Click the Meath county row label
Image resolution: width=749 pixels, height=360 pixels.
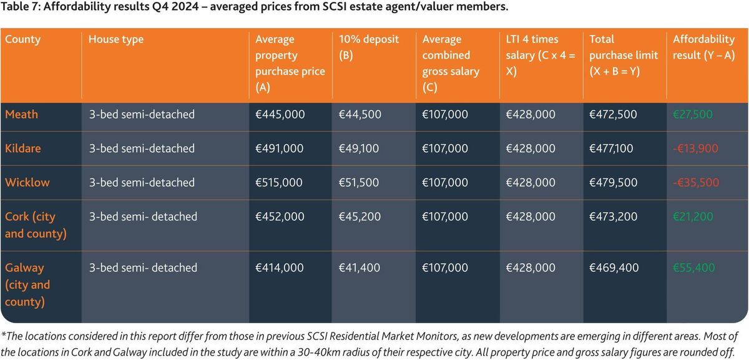[x=21, y=114]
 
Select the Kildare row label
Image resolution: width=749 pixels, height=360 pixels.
[x=22, y=148]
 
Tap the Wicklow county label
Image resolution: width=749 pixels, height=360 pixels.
[x=27, y=183]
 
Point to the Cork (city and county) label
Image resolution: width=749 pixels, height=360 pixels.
[x=30, y=225]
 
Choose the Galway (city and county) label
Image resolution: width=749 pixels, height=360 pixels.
[x=27, y=285]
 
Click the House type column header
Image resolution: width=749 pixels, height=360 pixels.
[x=116, y=39]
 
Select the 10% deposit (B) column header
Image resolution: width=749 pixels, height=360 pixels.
[x=368, y=47]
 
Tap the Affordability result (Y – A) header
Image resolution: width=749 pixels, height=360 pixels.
[x=703, y=47]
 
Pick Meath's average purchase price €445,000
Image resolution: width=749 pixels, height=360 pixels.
[x=280, y=114]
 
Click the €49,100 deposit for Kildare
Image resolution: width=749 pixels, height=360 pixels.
[x=360, y=148]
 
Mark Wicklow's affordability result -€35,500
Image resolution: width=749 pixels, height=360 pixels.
[x=695, y=183]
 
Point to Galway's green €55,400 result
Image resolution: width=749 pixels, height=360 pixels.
[x=694, y=268]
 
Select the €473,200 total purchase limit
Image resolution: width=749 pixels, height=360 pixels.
[x=613, y=216]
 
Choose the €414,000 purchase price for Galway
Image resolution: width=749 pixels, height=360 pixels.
[x=280, y=268]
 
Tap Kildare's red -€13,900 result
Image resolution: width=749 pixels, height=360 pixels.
[x=695, y=148]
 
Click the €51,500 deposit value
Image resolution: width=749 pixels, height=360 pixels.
[x=360, y=183]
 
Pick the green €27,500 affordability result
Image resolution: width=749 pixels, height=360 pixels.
[x=693, y=114]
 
